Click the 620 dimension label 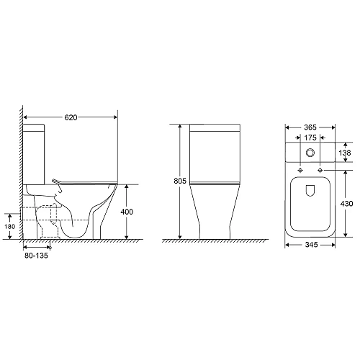71,117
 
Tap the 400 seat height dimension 127,212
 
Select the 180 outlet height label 9,226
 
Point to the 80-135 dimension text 36,256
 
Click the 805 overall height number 180,181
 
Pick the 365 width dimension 310,127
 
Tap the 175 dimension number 310,138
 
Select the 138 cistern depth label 345,153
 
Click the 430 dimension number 346,204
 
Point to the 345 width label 311,245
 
